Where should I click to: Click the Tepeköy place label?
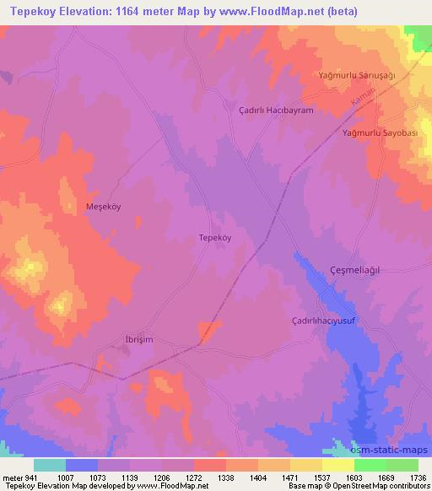[x=214, y=238]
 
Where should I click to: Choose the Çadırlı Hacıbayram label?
[x=276, y=111]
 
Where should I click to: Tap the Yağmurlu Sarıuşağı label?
[x=356, y=76]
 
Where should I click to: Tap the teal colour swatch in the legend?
[x=50, y=465]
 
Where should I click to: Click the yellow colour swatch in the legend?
[x=337, y=465]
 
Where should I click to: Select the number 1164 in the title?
[x=122, y=11]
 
